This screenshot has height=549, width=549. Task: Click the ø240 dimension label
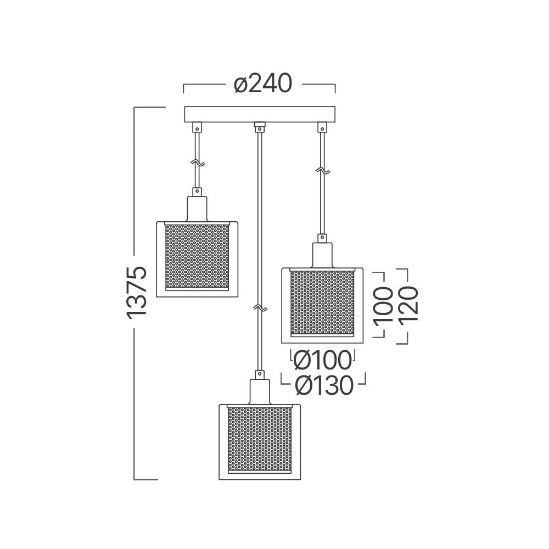[x=262, y=84]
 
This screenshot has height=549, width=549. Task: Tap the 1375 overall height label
[x=136, y=293]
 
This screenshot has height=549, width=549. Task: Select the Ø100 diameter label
[x=322, y=360]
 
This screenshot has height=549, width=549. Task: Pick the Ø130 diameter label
[x=324, y=385]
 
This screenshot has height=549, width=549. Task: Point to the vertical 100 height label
[x=383, y=305]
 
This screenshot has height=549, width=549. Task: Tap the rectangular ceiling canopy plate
[x=260, y=114]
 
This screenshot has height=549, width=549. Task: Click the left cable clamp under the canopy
[x=197, y=127]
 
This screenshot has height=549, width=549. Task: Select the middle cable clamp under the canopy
[x=260, y=127]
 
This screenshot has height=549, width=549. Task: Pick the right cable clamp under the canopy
[x=322, y=127]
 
